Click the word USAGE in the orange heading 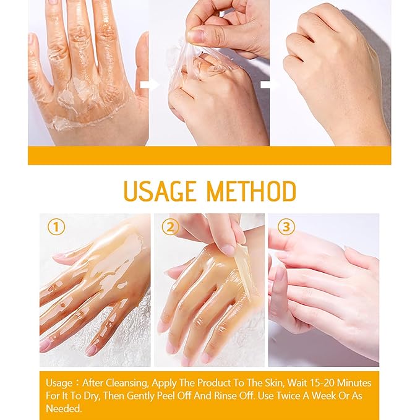pos(160,191)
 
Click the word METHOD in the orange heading pos(252,191)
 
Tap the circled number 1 pos(56,227)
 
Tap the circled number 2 pos(170,227)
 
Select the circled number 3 pos(286,227)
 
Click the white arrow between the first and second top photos pos(149,85)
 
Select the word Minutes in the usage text pos(354,383)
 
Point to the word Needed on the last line pos(64,408)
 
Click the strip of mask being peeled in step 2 pos(244,270)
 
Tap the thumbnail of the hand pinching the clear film pos(209,73)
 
